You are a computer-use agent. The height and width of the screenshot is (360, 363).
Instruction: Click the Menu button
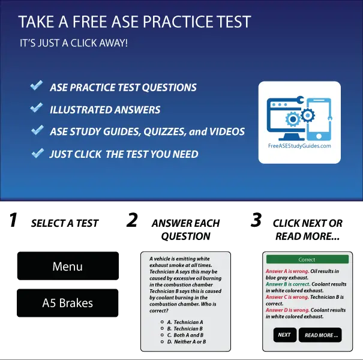(x=67, y=266)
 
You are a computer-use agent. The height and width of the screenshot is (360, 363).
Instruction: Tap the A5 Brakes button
(x=67, y=303)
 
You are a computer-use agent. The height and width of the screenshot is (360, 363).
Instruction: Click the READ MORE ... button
(x=321, y=335)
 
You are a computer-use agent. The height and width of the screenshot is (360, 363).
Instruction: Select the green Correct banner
(x=307, y=260)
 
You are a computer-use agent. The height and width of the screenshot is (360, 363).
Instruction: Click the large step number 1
(x=13, y=221)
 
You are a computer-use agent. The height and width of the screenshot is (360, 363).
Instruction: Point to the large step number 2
(x=132, y=221)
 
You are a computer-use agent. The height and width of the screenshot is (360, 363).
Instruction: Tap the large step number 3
(x=256, y=221)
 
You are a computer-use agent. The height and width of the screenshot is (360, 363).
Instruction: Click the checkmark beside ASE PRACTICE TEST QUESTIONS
(x=37, y=86)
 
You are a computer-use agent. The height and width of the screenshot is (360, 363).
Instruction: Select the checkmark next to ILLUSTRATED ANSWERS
(x=37, y=109)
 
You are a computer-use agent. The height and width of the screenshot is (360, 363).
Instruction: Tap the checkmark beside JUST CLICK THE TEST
(x=37, y=153)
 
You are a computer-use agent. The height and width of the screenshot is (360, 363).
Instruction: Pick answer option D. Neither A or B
(x=186, y=341)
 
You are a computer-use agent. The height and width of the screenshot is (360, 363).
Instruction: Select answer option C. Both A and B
(x=186, y=335)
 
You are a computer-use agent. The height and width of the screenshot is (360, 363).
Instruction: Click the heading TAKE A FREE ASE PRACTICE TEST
(x=134, y=23)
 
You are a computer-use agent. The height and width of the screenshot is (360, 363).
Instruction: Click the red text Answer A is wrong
(x=287, y=271)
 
